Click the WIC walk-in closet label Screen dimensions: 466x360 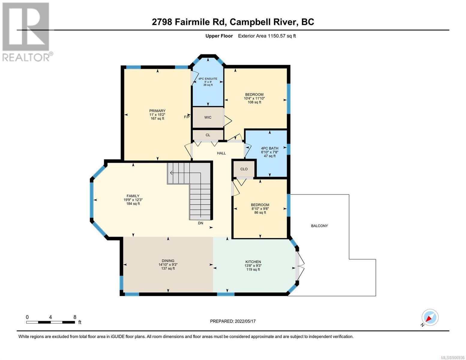coord(208,117)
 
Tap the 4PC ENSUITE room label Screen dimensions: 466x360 coord(208,79)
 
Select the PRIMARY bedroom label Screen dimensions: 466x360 coord(157,111)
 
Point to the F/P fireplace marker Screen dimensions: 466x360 coord(187,117)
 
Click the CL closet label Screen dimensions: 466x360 coord(208,135)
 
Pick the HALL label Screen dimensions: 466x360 coord(221,153)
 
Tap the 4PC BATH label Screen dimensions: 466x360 coord(269,148)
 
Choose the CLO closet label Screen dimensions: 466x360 coord(244,169)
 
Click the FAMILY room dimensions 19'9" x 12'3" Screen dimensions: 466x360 coord(133,199)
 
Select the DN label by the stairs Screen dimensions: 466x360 coord(200,223)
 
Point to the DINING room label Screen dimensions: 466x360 coord(168,261)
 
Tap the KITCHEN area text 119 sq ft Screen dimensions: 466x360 coord(253,269)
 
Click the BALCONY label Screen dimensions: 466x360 coord(319,226)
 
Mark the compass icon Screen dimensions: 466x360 coord(430,317)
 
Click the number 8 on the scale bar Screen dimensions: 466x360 coord(75,317)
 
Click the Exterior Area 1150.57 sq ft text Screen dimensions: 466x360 coord(267,36)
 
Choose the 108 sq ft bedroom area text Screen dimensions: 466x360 coord(254,102)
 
